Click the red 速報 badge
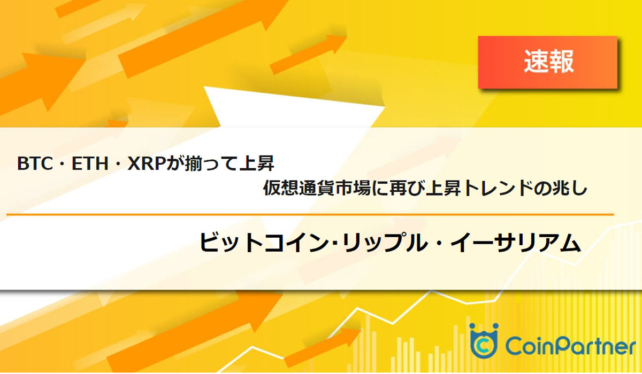click(x=548, y=62)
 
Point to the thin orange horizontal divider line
click(x=310, y=215)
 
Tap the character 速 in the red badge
click(x=535, y=62)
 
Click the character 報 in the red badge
click(x=562, y=62)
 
